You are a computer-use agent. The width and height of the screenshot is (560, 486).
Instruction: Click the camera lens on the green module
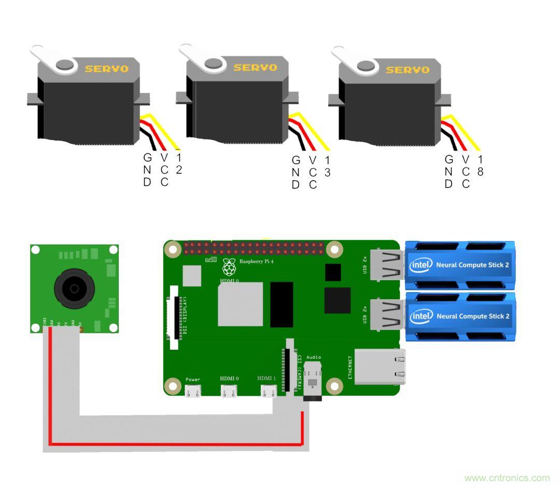coord(74,287)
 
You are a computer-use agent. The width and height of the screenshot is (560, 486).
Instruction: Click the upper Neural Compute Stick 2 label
coord(472,265)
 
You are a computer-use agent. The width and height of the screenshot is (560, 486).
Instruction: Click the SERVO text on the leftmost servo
coord(107,69)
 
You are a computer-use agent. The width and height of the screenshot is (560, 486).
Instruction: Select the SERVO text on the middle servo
coord(255,67)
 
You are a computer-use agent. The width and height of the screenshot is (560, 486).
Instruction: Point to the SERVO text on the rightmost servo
coord(408,70)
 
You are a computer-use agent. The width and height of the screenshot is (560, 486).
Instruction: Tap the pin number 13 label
coord(327,166)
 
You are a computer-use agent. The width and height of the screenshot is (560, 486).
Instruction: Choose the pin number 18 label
coord(480,166)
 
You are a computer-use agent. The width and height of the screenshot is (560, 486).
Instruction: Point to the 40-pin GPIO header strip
coord(254,248)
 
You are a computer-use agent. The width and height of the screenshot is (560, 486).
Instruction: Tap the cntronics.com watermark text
coord(507,478)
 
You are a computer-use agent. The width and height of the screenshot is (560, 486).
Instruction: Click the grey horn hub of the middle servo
coord(213,63)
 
